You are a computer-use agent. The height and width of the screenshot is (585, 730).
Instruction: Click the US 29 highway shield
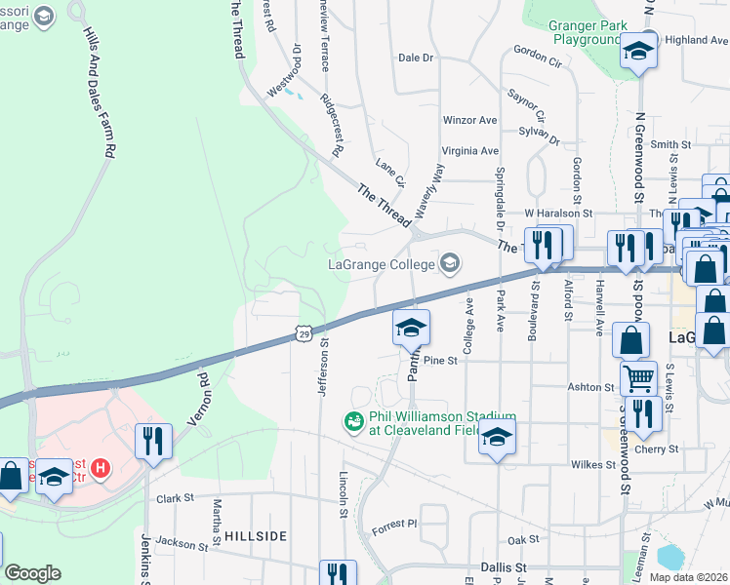click(304, 334)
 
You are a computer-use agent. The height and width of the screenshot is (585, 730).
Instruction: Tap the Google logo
click(32, 573)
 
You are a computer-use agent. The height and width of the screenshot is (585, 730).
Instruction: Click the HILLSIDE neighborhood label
click(256, 536)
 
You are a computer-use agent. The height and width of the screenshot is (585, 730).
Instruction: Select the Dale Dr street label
click(415, 58)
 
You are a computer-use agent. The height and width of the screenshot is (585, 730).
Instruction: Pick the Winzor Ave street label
click(470, 120)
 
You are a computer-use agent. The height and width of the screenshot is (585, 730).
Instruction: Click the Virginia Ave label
click(469, 151)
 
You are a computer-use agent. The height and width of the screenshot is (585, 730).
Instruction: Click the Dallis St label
click(504, 566)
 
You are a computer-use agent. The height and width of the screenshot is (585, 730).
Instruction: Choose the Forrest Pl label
click(394, 524)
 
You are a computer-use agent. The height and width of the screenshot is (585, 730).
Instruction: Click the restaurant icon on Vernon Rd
click(154, 441)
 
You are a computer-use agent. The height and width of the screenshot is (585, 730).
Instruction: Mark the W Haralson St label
click(558, 212)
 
